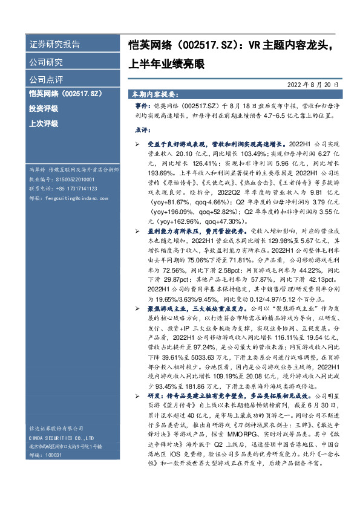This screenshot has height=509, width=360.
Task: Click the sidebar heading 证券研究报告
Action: [54, 45]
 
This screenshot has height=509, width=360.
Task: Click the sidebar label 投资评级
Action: [44, 108]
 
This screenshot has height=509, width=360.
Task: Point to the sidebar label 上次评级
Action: [44, 123]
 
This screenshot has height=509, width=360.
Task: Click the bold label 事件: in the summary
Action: [142, 105]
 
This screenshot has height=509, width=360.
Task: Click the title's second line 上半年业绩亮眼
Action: [171, 63]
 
